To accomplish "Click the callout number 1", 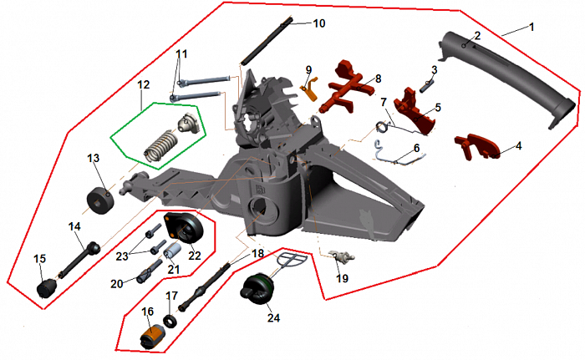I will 531,27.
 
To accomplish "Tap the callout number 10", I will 319,23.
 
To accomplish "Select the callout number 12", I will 144,84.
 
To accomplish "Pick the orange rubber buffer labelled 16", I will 150,336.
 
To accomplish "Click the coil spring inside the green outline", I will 158,147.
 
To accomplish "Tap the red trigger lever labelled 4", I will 476,145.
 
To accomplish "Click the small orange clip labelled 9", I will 308,86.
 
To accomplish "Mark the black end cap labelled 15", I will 46,288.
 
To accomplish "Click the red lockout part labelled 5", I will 415,109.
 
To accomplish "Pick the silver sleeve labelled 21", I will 173,253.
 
